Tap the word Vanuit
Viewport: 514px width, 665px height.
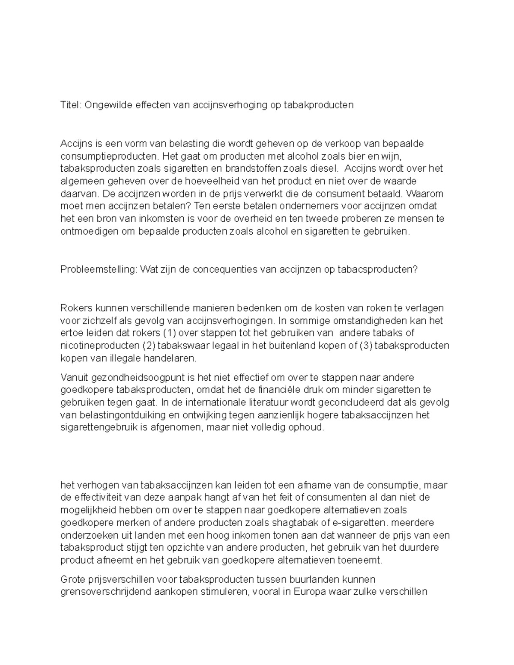(x=74, y=378)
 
